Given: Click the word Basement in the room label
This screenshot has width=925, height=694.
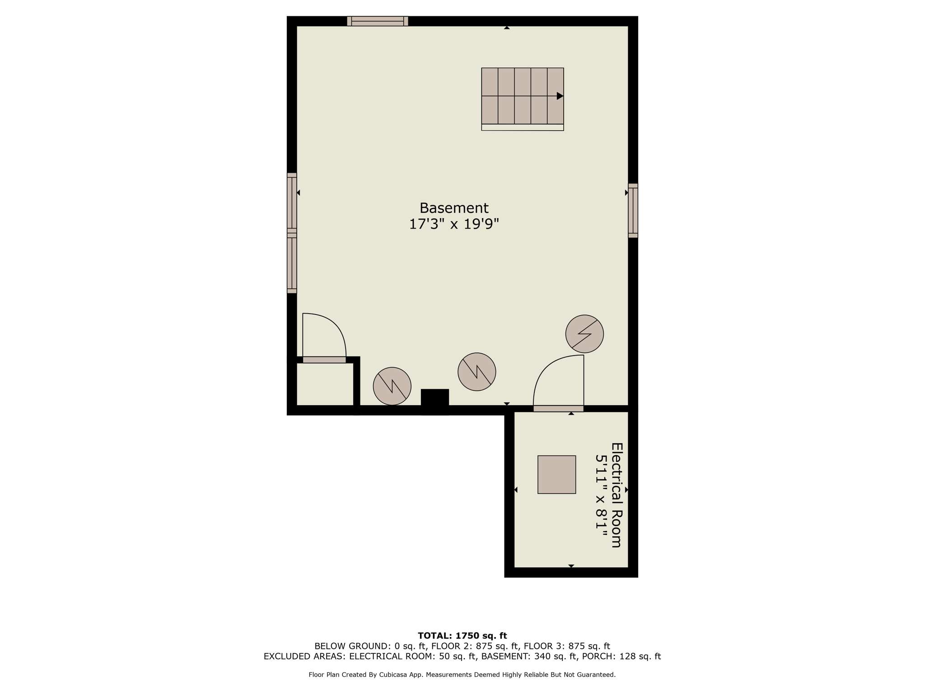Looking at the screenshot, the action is [454, 208].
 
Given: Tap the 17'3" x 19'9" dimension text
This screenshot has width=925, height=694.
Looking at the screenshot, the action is [454, 224].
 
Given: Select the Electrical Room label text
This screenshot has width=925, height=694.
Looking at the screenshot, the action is [617, 495].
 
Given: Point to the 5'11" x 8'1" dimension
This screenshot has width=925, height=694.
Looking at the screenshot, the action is [601, 496].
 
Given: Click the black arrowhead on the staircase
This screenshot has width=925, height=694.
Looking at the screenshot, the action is [560, 96].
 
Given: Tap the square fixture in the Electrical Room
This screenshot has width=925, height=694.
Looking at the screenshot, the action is [556, 474].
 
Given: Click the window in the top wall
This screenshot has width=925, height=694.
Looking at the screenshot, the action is [378, 21].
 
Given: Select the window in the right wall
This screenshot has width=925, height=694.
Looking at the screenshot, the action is [633, 211].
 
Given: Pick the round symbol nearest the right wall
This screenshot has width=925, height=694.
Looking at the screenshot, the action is [584, 334].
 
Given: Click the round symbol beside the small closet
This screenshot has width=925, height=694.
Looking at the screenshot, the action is [392, 386].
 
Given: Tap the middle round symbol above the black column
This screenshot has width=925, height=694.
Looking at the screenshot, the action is [477, 372].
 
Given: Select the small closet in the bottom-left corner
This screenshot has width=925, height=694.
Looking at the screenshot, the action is [325, 384].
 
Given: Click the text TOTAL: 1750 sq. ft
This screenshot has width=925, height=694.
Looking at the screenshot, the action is [462, 636].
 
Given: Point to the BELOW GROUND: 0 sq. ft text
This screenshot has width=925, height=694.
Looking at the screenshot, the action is [370, 646].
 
